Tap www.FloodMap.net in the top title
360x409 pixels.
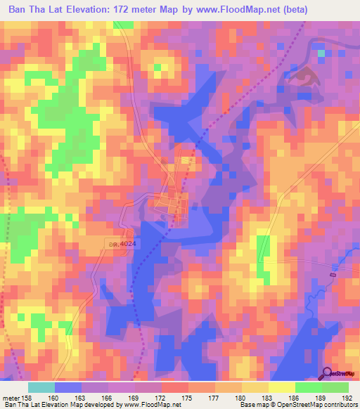click(x=235, y=11)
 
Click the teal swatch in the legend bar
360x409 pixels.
click(x=41, y=387)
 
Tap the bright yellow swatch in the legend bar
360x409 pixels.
click(x=281, y=387)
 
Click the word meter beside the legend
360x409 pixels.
click(x=11, y=398)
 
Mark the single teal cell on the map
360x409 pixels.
click(x=321, y=53)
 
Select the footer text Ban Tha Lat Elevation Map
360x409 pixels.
click(x=42, y=405)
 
